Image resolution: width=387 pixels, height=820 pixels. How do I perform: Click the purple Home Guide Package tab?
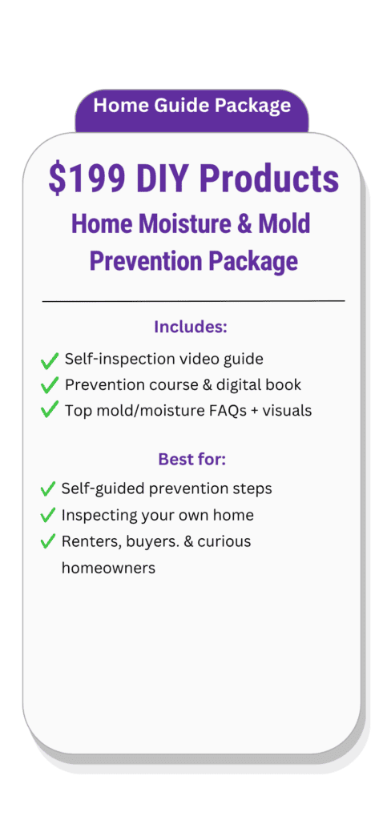click(192, 111)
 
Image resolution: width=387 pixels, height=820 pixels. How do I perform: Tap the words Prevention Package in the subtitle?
click(194, 261)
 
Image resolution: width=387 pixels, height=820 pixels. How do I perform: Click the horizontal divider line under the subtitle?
click(194, 301)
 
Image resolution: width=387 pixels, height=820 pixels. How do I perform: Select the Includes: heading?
click(191, 328)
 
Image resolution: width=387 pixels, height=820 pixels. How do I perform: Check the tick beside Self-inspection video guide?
click(49, 360)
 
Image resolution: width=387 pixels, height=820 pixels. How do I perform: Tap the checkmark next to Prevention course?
click(49, 386)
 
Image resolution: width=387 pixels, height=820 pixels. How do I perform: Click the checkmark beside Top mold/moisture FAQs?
click(49, 411)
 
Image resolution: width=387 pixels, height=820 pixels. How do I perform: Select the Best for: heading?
click(192, 460)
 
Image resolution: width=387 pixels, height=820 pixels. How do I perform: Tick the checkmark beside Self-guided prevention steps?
click(47, 489)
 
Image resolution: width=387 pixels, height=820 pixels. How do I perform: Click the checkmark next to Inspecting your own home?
click(47, 515)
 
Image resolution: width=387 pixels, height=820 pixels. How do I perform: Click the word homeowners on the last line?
click(108, 568)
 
